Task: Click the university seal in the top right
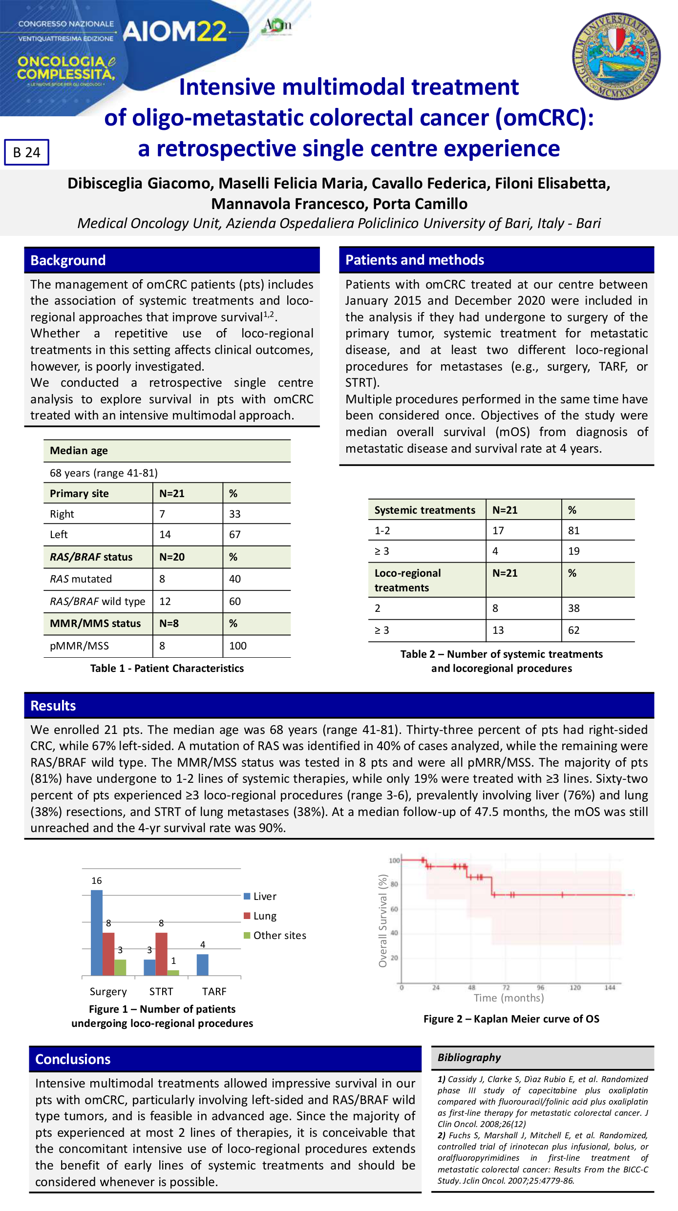point(616,56)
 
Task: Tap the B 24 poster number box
point(27,152)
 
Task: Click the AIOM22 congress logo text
point(174,32)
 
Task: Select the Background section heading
point(68,260)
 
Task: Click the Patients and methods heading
point(415,260)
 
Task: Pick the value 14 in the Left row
point(165,534)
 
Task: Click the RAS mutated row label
point(81,579)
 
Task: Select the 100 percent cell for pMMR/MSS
point(238,646)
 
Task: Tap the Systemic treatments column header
point(424,510)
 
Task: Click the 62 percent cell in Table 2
point(574,630)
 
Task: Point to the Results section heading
point(53,706)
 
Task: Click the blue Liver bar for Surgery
point(97,932)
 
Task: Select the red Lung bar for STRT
point(161,954)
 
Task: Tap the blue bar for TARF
point(202,964)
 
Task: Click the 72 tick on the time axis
point(506,987)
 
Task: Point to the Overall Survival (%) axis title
point(383,920)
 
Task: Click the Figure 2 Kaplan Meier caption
point(511,1019)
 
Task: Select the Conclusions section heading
point(73,1059)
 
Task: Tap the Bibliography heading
point(469,1057)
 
